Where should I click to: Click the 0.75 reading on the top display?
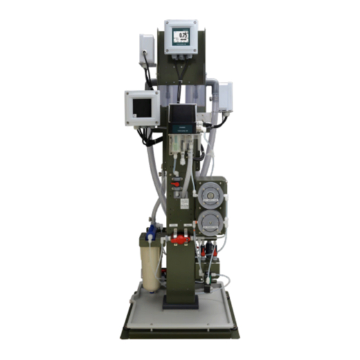click(183, 36)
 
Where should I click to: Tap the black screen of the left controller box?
click(141, 107)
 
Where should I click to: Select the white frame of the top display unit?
click(182, 24)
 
